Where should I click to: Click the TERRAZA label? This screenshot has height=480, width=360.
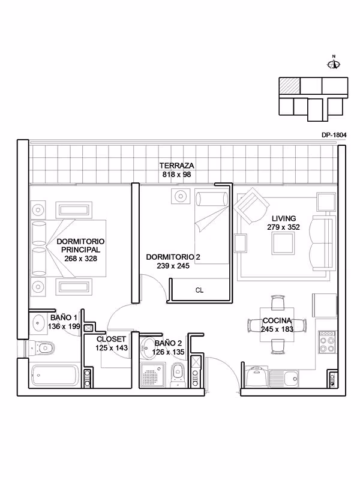pos(176,166)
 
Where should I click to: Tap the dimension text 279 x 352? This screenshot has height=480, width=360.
pos(283,227)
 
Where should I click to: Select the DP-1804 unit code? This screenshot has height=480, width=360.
pos(334,134)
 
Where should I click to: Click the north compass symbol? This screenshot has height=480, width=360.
pos(334,64)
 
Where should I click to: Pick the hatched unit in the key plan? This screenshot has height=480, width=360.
pos(289,86)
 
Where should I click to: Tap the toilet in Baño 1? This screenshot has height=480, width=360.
pos(42,348)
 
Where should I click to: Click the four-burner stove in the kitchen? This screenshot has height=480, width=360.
pos(327,341)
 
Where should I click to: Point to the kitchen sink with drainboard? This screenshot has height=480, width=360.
pos(283,379)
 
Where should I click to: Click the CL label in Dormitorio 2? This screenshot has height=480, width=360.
pos(199,290)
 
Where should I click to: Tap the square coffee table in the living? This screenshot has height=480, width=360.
pos(283,243)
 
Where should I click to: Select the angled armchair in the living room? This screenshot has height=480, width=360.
pos(251,205)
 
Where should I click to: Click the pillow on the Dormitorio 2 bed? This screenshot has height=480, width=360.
pos(212,199)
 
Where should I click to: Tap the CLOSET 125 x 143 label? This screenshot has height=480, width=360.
pos(112,343)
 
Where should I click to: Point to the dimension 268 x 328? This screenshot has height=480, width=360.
pos(81,259)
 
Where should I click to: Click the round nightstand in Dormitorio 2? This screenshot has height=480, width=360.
pos(181,196)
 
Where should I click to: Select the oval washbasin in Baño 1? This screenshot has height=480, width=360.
pos(38,322)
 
